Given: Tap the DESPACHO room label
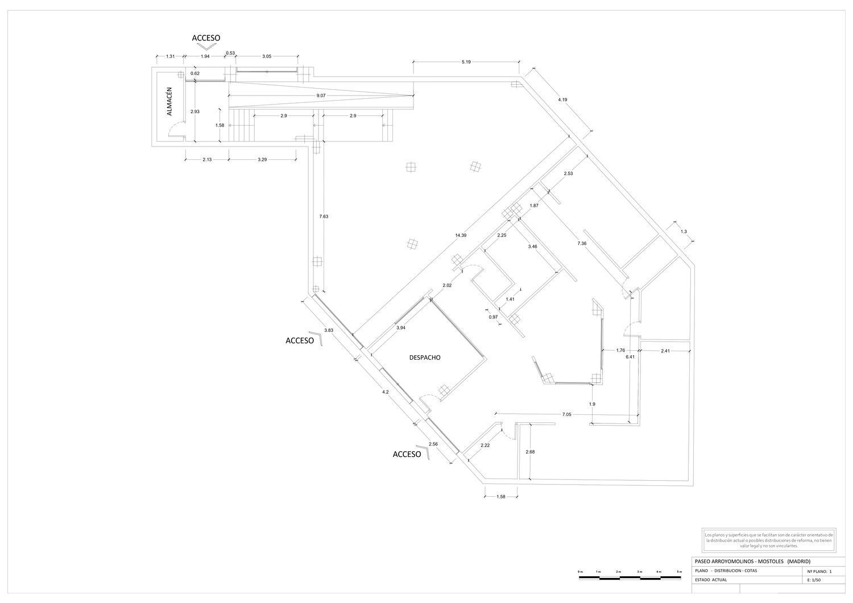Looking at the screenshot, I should (x=425, y=357).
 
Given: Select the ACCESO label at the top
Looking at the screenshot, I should (x=206, y=38).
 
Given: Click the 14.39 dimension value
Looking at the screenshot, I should (x=461, y=235).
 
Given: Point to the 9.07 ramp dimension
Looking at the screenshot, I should (x=321, y=95).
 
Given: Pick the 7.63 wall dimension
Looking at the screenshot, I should (x=324, y=217).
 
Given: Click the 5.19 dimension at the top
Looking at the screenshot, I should (x=466, y=61).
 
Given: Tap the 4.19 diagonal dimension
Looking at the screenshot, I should (x=562, y=99).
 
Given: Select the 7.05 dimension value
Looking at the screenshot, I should (x=566, y=415).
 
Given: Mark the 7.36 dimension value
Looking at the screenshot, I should (x=581, y=243).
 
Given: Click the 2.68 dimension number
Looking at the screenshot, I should (x=530, y=452).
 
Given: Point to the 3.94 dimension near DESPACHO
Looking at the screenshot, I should (x=401, y=327).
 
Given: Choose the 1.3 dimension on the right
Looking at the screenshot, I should (x=683, y=231).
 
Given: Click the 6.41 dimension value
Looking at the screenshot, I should (x=630, y=357).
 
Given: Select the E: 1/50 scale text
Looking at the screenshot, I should (x=815, y=580).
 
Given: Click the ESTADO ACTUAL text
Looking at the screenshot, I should (x=711, y=580).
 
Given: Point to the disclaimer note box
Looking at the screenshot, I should (x=768, y=540).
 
